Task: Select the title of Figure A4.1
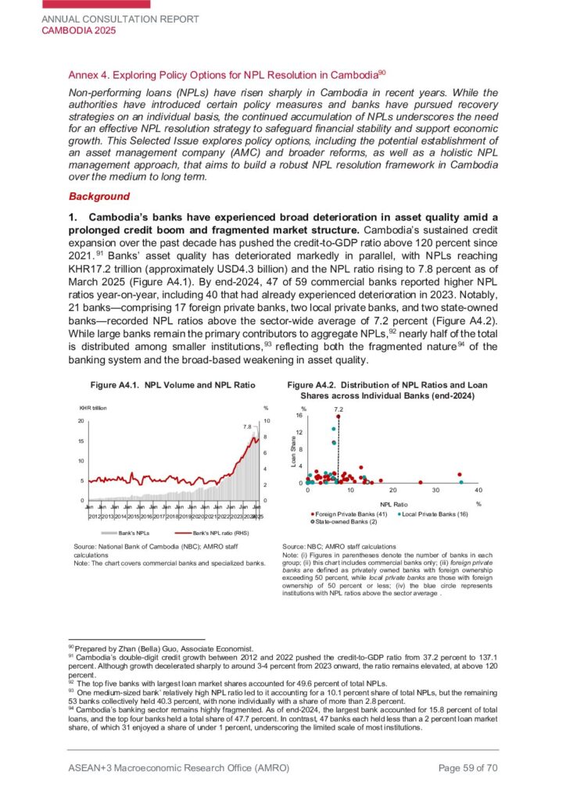tap(173, 385)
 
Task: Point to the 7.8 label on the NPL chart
tap(246, 427)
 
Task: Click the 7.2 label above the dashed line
tap(338, 409)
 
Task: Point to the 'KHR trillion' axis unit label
tap(91, 409)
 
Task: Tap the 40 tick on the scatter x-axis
tap(478, 489)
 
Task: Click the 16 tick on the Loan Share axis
tap(299, 416)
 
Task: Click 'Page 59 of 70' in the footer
tap(467, 768)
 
